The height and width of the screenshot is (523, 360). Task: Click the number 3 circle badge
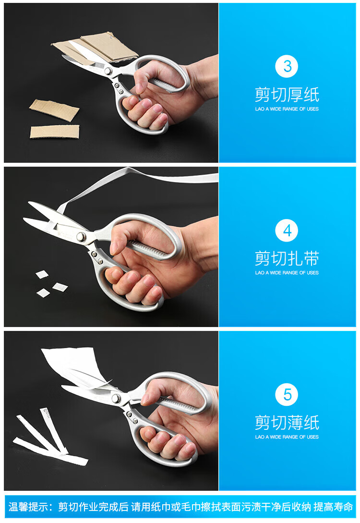[x=287, y=66]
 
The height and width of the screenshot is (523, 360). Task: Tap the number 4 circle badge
[x=287, y=230]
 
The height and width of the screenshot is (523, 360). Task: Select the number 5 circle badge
[x=287, y=395]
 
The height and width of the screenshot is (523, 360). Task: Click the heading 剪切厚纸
[x=287, y=95]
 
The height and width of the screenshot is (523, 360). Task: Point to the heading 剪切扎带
[x=287, y=258]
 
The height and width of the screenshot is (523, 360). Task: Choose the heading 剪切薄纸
[x=287, y=423]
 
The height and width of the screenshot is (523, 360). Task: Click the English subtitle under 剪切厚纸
[x=287, y=109]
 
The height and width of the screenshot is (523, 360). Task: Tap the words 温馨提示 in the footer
[x=28, y=507]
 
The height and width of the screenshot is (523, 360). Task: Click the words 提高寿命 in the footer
[x=333, y=507]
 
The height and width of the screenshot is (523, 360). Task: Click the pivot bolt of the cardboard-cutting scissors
[x=108, y=71]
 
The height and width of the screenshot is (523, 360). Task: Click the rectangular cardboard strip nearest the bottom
[x=55, y=132]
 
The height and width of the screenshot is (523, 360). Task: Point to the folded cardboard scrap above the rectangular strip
[x=54, y=109]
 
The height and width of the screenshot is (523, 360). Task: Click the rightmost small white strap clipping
[x=60, y=287]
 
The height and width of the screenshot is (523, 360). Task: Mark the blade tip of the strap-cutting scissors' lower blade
[x=24, y=219]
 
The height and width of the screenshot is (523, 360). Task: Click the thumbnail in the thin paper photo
[x=145, y=399]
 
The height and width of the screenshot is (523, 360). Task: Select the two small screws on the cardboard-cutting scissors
[x=119, y=88]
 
